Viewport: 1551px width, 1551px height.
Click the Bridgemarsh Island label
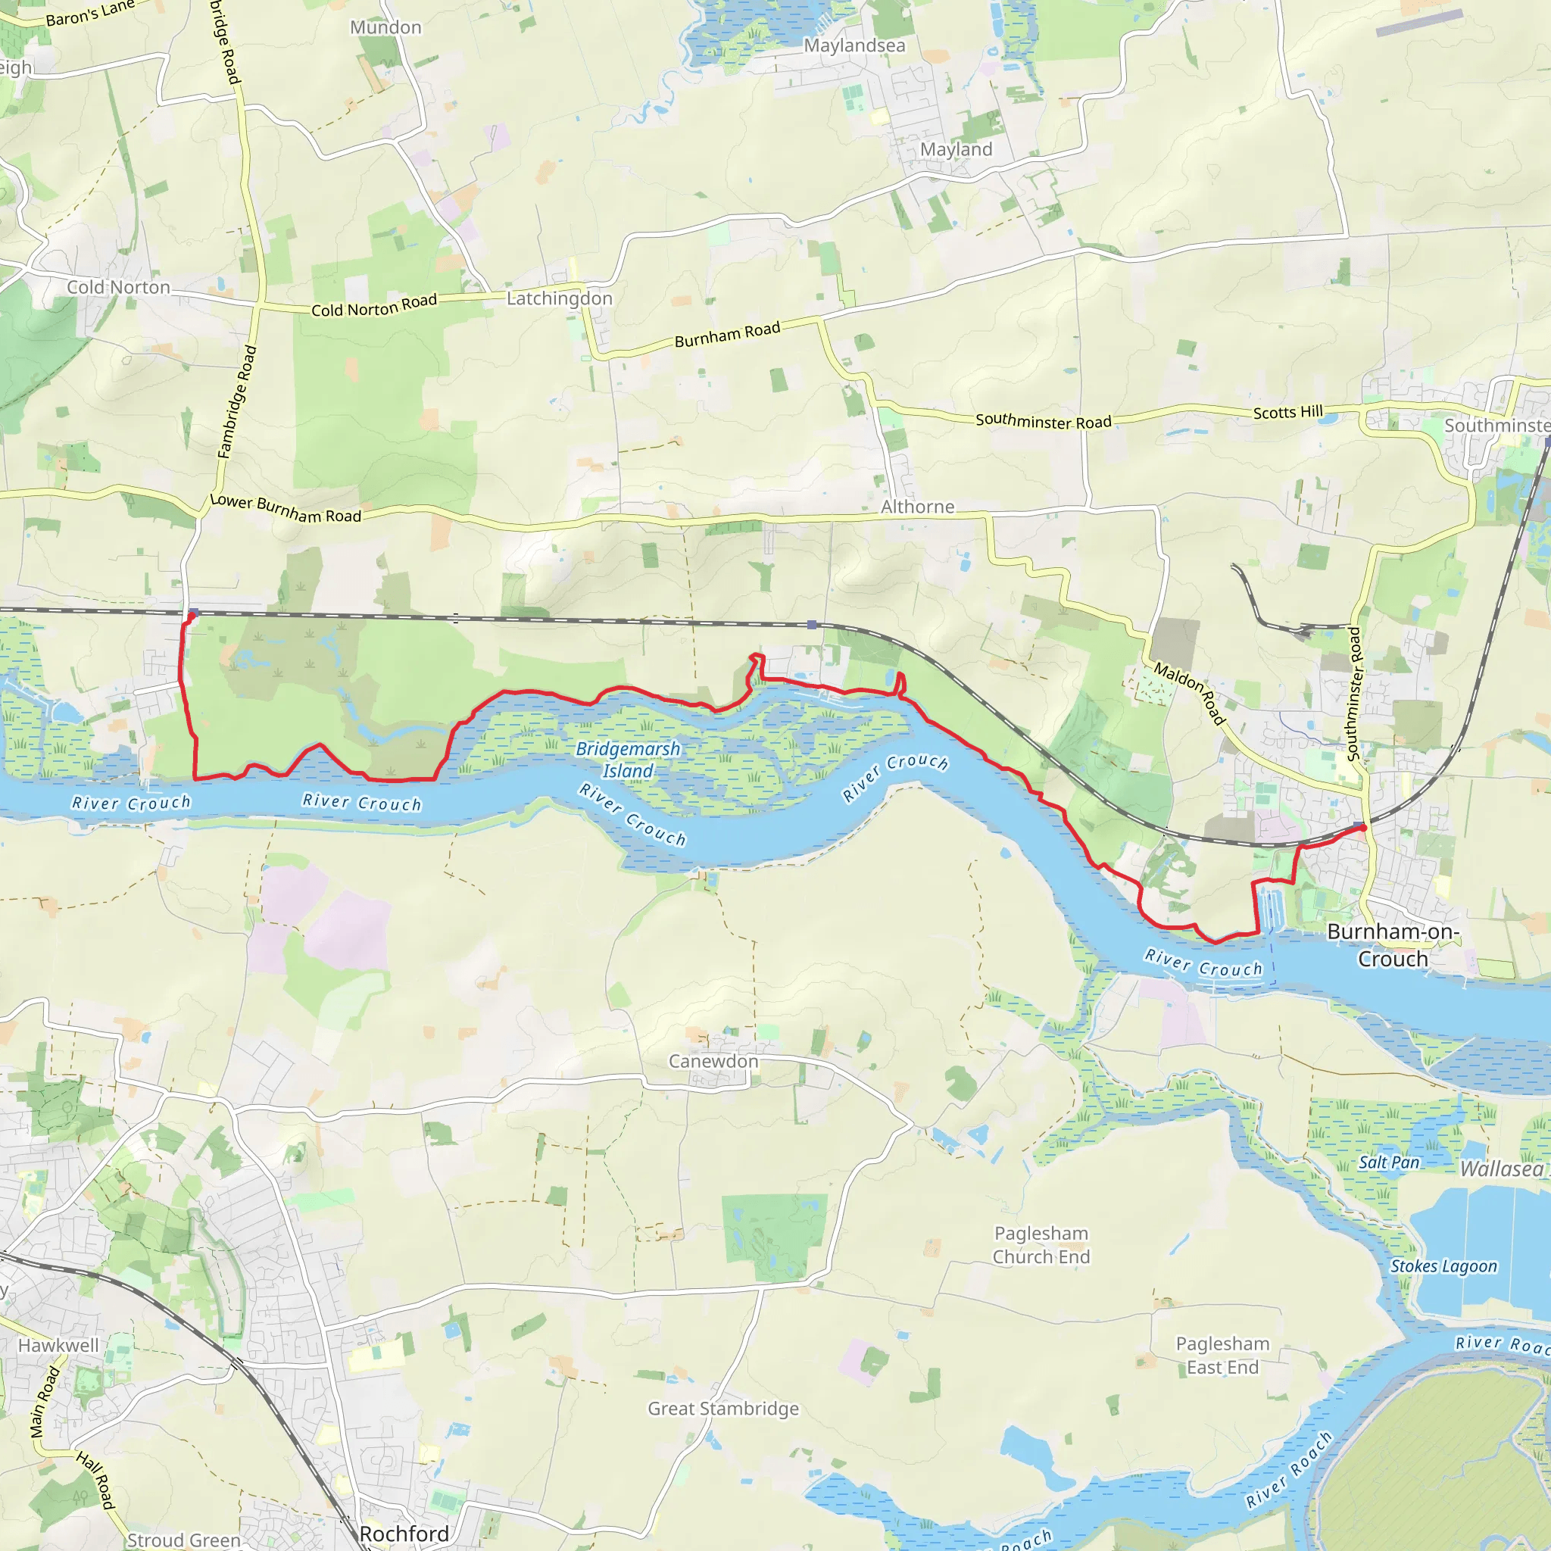click(x=628, y=760)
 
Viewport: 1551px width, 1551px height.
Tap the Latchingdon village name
click(x=559, y=298)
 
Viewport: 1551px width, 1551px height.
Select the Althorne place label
click(x=918, y=507)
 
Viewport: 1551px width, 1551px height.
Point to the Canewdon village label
click(x=713, y=1061)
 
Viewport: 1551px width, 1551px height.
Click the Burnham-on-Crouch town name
click(x=1393, y=945)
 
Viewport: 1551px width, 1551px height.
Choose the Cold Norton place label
click(x=118, y=287)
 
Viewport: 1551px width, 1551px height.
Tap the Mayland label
click(x=957, y=149)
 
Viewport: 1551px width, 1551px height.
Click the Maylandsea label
click(x=854, y=45)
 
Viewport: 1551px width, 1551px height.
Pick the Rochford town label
click(x=404, y=1534)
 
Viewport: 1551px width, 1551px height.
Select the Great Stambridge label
click(x=723, y=1408)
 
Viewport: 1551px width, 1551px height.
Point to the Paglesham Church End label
click(x=1041, y=1244)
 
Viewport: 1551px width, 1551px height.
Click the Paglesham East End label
click(x=1222, y=1355)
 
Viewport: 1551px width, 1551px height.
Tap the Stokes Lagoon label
click(x=1443, y=1266)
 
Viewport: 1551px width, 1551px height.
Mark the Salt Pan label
click(x=1389, y=1162)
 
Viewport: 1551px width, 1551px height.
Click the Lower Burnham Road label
click(x=285, y=509)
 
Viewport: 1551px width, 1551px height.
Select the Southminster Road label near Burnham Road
click(x=1043, y=420)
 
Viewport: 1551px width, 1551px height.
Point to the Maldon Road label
click(x=1191, y=694)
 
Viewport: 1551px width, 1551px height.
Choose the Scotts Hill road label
click(x=1287, y=412)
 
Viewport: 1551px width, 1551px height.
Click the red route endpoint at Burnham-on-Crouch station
click(x=1363, y=828)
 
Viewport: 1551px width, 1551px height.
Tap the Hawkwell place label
click(x=58, y=1346)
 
